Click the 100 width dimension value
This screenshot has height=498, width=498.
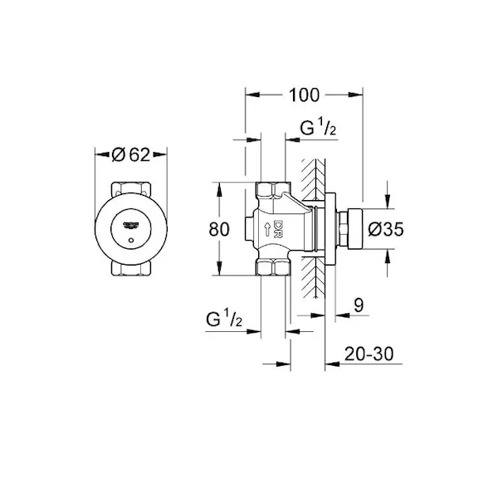(x=304, y=95)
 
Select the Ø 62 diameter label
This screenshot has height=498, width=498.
(x=131, y=155)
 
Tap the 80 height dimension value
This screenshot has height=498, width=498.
(x=219, y=229)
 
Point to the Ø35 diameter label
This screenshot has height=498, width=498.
(x=386, y=229)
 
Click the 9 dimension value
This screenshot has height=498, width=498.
(x=359, y=305)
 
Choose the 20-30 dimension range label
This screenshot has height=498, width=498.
(x=369, y=354)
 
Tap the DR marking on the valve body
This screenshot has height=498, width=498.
(x=278, y=229)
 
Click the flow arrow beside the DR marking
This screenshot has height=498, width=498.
(x=267, y=229)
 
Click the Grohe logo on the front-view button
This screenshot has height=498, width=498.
(x=131, y=225)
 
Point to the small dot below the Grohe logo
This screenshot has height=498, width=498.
(x=131, y=240)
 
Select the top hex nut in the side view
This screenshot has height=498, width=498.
(x=273, y=189)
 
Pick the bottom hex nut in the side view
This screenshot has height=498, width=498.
(x=273, y=266)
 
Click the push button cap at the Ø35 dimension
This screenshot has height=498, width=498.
(x=355, y=229)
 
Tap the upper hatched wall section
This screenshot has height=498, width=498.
(x=313, y=179)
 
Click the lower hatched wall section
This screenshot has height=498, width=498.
(x=313, y=277)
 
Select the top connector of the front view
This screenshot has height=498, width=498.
(x=131, y=188)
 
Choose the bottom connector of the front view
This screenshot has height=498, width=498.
(x=131, y=268)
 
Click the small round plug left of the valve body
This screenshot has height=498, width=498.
(x=249, y=229)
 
